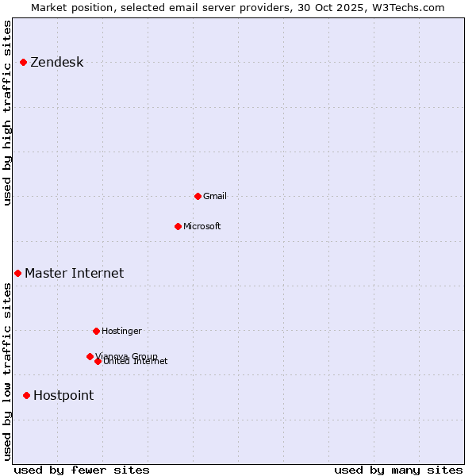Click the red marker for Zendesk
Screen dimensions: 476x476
click(x=24, y=63)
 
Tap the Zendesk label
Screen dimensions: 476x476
click(x=56, y=63)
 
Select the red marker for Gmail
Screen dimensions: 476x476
click(x=198, y=196)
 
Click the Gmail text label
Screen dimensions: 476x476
click(x=214, y=196)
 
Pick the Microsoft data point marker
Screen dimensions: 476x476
click(x=178, y=226)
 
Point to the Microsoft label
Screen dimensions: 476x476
click(x=202, y=226)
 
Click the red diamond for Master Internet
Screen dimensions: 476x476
click(x=17, y=273)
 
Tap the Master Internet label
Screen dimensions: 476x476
click(x=74, y=273)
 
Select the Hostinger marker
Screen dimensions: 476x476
click(x=96, y=331)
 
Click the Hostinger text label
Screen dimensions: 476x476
click(x=121, y=331)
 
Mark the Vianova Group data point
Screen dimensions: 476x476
click(x=90, y=356)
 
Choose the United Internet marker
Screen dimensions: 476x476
click(x=98, y=361)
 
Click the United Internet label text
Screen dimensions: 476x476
click(x=136, y=362)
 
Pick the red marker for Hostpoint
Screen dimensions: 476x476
click(x=26, y=395)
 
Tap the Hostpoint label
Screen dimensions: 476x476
click(x=63, y=395)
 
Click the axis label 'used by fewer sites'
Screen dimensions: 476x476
click(x=82, y=470)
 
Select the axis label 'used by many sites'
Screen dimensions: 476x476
click(x=398, y=470)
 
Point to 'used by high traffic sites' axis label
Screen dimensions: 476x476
click(x=8, y=113)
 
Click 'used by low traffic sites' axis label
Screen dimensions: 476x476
click(x=8, y=371)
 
